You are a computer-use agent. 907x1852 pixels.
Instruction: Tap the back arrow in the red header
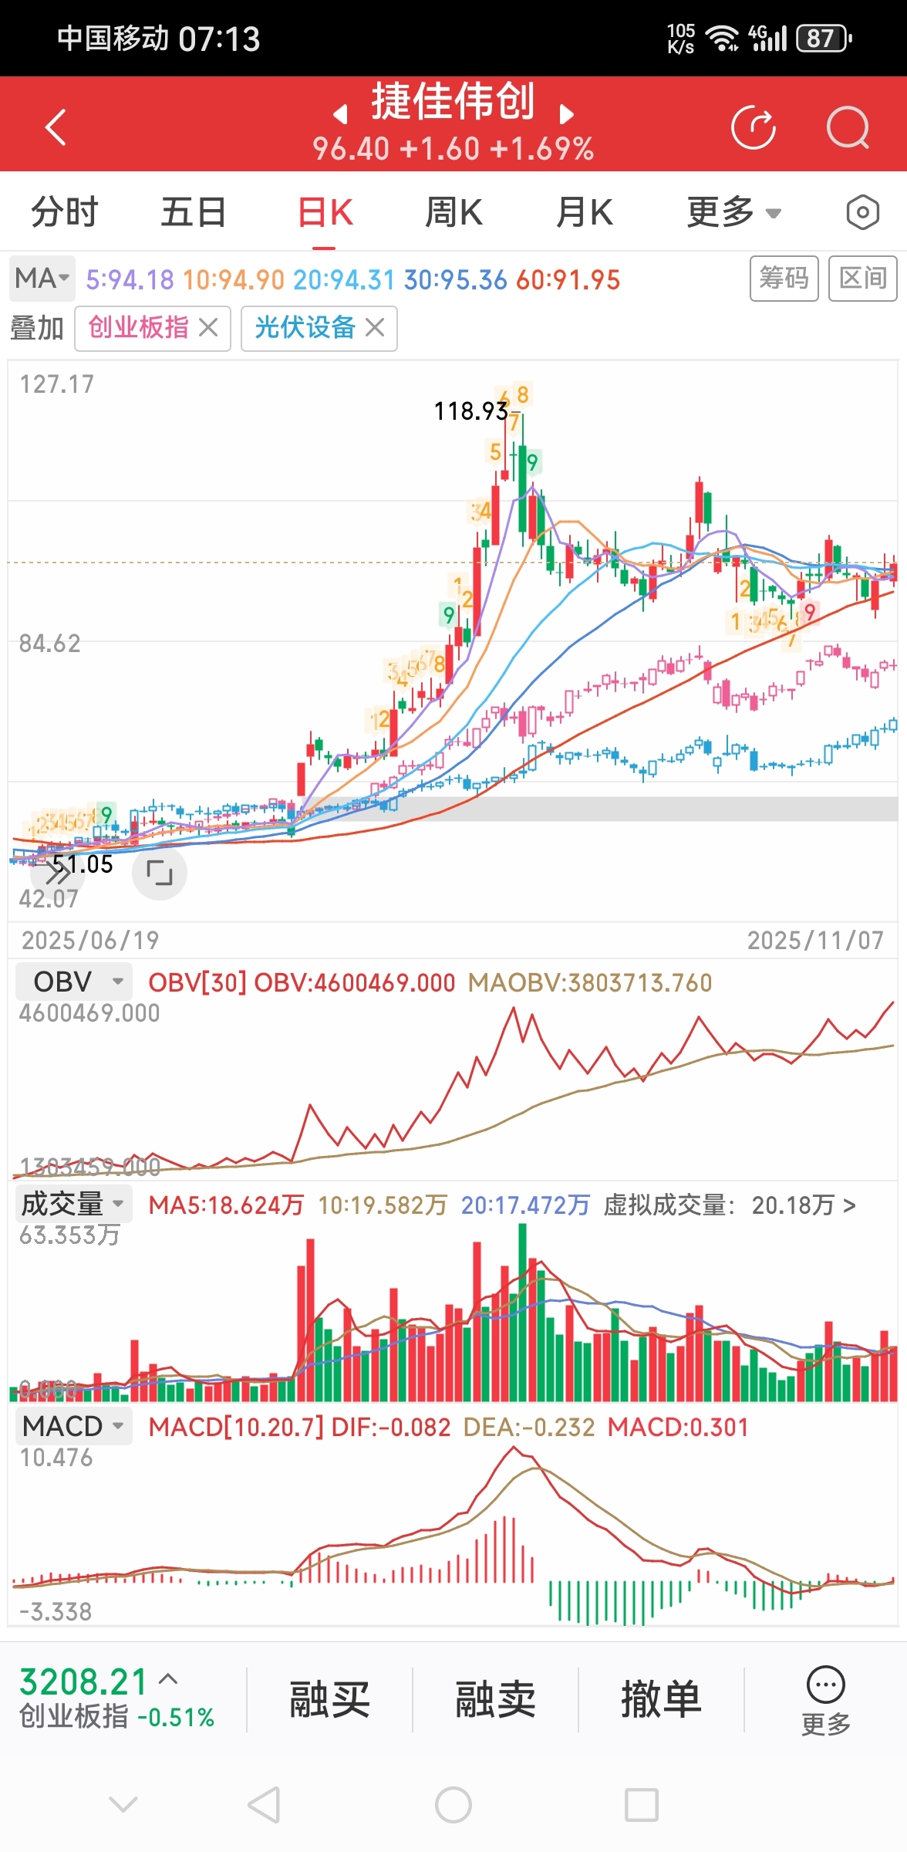point(56,127)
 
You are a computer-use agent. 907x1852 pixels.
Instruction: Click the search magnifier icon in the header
point(847,127)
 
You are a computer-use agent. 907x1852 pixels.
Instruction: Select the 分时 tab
point(65,212)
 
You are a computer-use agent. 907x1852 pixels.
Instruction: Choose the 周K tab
point(454,212)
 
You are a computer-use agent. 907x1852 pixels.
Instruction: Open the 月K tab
point(584,212)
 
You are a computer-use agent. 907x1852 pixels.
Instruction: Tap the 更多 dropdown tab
point(733,212)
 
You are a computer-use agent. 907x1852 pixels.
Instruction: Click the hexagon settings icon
point(862,212)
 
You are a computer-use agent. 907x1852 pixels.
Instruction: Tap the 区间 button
point(862,278)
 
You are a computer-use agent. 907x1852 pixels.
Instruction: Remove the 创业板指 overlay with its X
point(207,328)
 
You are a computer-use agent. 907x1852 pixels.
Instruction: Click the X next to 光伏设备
point(375,328)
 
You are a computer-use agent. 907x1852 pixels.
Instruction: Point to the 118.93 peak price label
point(470,411)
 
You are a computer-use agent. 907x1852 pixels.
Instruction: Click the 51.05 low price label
point(83,864)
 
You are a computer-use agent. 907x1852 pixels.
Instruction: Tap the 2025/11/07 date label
point(815,940)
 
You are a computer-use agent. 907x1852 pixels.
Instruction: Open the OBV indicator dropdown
point(75,982)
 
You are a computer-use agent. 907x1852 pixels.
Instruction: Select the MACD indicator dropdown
point(73,1426)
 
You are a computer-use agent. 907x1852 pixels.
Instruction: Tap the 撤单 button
point(661,1699)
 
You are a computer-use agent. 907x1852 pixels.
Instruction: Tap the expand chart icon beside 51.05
point(160,873)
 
